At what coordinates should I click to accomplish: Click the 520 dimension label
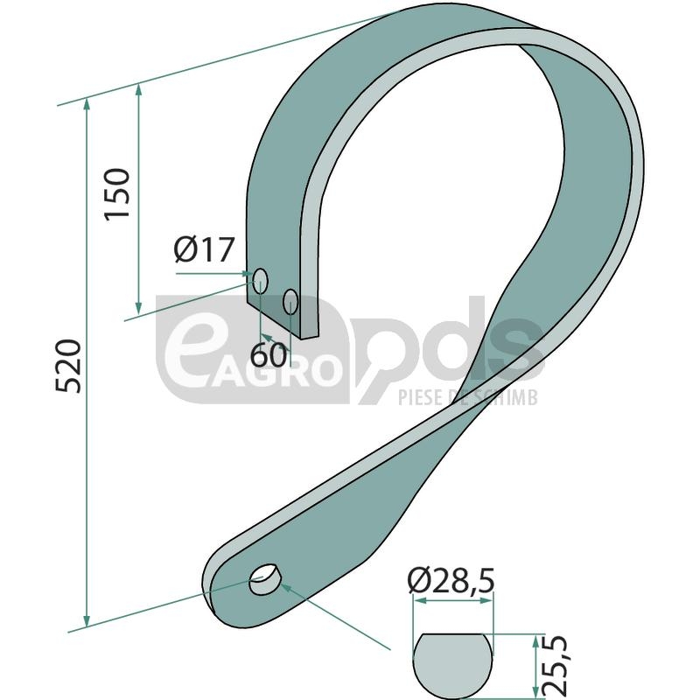69,366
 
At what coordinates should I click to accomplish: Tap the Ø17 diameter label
204,249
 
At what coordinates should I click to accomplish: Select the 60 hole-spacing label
269,355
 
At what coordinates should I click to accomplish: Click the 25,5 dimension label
556,666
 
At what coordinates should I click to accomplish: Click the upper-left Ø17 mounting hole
260,281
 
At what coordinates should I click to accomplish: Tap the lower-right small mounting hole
290,301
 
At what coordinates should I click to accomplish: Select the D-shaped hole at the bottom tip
264,579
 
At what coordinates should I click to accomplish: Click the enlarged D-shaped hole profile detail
453,665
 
